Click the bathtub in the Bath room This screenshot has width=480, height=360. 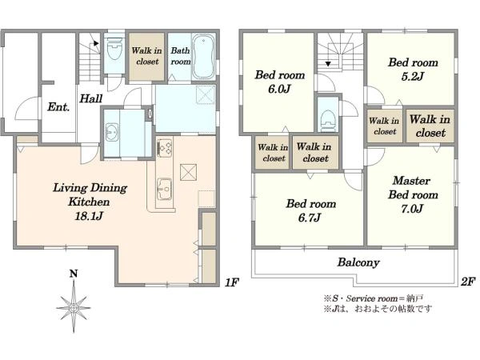(x=203, y=57)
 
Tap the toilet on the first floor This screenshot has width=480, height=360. (x=114, y=50)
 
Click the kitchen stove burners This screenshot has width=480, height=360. (x=165, y=147)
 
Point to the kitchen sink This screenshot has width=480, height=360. (x=164, y=189)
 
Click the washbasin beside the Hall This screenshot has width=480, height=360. (x=112, y=132)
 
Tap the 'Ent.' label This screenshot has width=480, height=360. (x=58, y=107)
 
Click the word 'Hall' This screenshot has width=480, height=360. (x=91, y=98)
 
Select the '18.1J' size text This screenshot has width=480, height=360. (x=89, y=216)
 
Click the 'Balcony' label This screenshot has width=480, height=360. (x=358, y=262)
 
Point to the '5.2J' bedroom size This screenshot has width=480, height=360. (x=413, y=76)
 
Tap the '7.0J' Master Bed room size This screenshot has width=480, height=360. (x=412, y=209)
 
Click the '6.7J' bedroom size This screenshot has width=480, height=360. (x=310, y=218)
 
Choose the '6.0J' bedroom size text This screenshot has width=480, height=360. (x=279, y=89)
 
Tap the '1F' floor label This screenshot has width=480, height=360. (x=232, y=282)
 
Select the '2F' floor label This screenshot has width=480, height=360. (x=468, y=281)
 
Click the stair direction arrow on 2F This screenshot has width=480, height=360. (x=328, y=64)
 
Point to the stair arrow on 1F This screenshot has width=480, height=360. (x=97, y=43)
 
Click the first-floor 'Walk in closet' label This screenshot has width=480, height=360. (x=147, y=56)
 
